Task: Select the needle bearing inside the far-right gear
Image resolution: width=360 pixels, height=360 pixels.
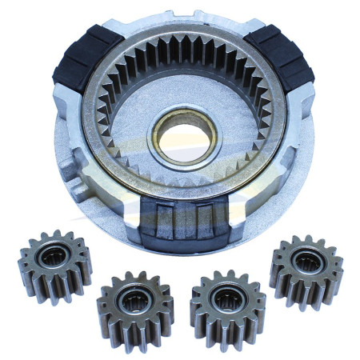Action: [306, 262]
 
